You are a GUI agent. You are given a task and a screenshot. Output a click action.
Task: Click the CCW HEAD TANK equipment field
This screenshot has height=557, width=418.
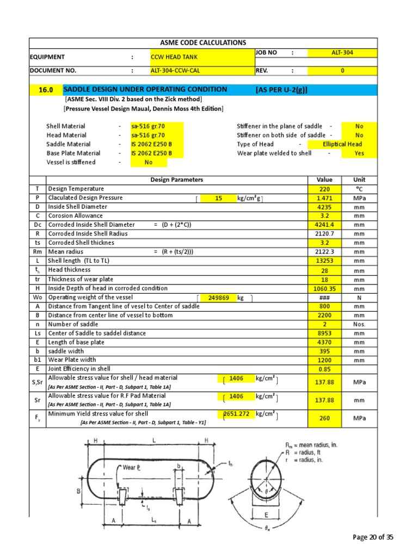pyautogui.click(x=201, y=57)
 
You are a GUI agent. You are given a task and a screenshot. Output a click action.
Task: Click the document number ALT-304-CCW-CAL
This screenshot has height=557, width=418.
pyautogui.click(x=201, y=71)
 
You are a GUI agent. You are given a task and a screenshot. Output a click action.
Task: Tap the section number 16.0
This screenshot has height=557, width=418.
pyautogui.click(x=45, y=90)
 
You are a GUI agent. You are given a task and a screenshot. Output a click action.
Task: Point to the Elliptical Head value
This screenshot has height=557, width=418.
pyautogui.click(x=342, y=144)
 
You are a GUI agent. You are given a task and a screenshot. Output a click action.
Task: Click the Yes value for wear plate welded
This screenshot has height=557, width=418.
pyautogui.click(x=359, y=153)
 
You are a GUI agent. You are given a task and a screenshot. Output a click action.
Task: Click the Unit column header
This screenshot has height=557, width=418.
pyautogui.click(x=359, y=180)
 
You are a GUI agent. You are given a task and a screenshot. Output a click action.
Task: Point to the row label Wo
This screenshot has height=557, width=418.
pyautogui.click(x=37, y=298)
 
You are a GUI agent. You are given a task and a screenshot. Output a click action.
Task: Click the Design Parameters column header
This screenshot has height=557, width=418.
pyautogui.click(x=176, y=180)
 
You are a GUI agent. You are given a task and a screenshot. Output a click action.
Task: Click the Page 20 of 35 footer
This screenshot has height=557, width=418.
pyautogui.click(x=373, y=537)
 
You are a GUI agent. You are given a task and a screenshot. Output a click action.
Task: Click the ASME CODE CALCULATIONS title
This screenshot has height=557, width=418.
pyautogui.click(x=202, y=42)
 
